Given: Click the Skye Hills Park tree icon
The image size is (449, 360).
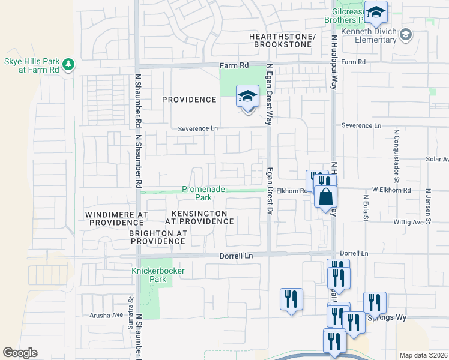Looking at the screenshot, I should pyautogui.click(x=69, y=63).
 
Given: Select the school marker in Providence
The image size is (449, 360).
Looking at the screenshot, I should pyautogui.click(x=247, y=97).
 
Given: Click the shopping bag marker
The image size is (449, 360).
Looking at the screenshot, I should pyautogui.click(x=325, y=197).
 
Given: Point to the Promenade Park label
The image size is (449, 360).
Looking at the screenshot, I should pyautogui.click(x=204, y=193).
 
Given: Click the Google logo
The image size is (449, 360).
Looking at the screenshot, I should pyautogui.click(x=20, y=353).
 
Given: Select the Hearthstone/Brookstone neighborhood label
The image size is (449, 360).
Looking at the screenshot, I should pyautogui.click(x=282, y=41).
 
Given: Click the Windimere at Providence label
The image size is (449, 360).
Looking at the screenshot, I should pyautogui.click(x=116, y=218).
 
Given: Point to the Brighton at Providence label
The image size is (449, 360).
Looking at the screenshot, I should pyautogui.click(x=158, y=237).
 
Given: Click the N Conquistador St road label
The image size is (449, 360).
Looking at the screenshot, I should pyautogui.click(x=397, y=155).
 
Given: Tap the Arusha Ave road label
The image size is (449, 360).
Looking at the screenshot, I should pyautogui.click(x=106, y=314).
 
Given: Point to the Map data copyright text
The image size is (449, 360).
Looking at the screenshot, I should pyautogui.click(x=423, y=355).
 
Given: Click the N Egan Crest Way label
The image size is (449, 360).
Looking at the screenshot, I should pyautogui.click(x=270, y=93).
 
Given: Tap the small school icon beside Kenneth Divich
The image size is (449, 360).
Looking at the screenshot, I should pyautogui.click(x=406, y=34).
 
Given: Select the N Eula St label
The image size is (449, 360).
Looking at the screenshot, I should pyautogui.click(x=365, y=207).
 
